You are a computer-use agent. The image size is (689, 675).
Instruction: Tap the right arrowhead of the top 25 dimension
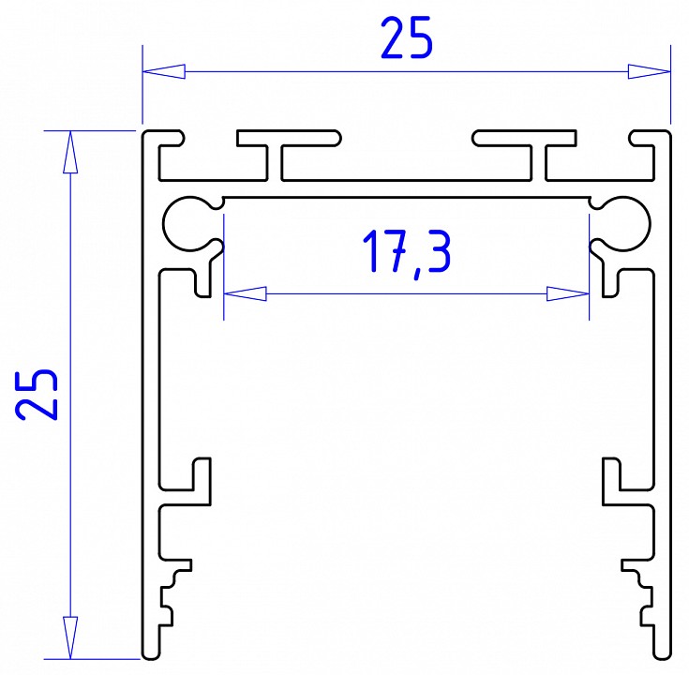[650, 71]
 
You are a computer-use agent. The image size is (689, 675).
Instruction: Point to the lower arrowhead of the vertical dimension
[67, 637]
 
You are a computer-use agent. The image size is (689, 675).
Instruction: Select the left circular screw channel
[189, 223]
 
